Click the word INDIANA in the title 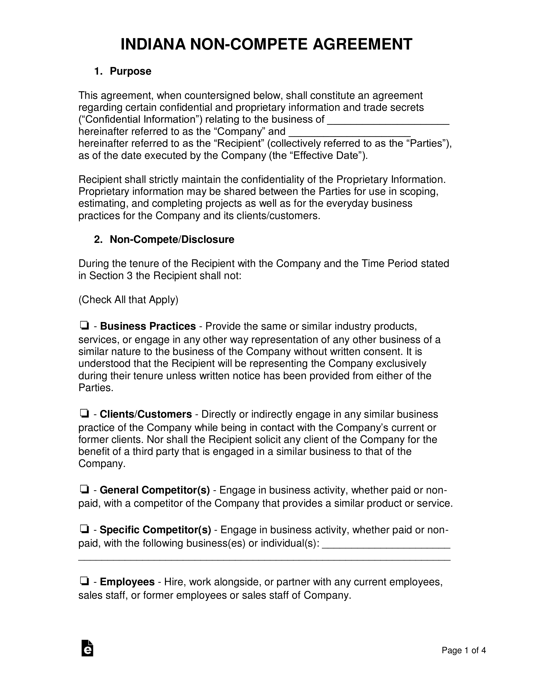click(x=153, y=44)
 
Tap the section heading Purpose click(x=130, y=71)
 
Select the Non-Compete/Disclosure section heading click(x=172, y=240)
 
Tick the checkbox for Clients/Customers click(x=84, y=413)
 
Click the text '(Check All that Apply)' click(x=128, y=300)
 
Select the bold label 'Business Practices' click(x=148, y=326)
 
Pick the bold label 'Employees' click(x=127, y=582)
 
